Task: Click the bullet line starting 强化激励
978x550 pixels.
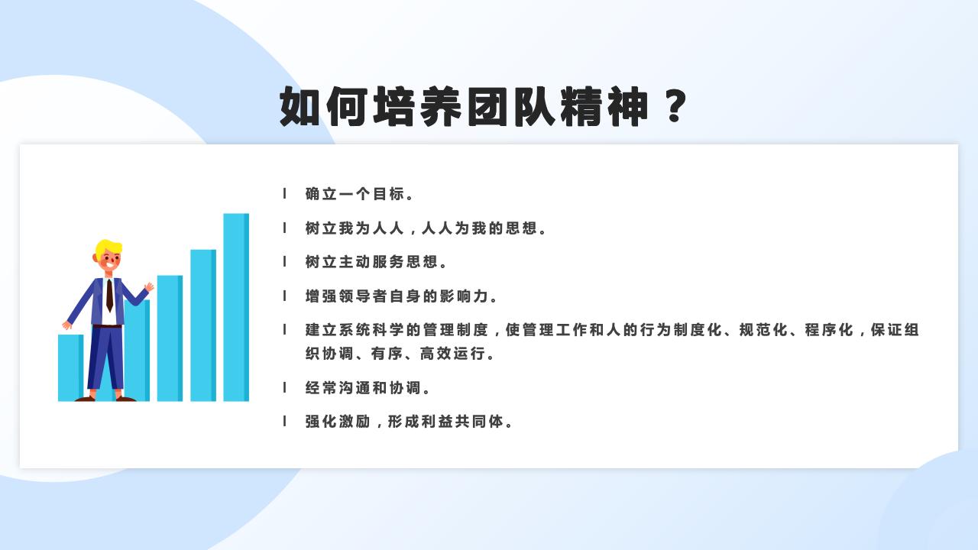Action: pyautogui.click(x=410, y=422)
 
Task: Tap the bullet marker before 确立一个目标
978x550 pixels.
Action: pyautogui.click(x=285, y=194)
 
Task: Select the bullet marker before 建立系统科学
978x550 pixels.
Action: pyautogui.click(x=285, y=330)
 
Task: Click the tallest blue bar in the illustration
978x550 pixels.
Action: pyautogui.click(x=236, y=306)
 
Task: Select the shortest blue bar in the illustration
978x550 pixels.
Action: pyautogui.click(x=69, y=367)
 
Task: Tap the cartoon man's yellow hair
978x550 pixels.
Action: pyautogui.click(x=108, y=247)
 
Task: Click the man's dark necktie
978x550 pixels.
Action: pyautogui.click(x=109, y=295)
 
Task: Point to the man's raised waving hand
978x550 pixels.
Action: pyautogui.click(x=149, y=287)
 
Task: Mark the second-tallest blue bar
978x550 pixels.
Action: pyautogui.click(x=203, y=325)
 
